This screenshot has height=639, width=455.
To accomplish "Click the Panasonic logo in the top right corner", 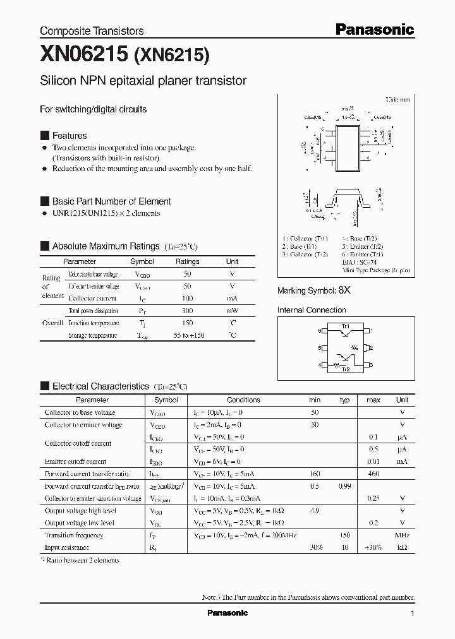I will [x=373, y=29].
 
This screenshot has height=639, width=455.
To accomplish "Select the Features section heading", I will [x=69, y=136].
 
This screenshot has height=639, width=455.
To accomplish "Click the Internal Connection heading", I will [x=312, y=310].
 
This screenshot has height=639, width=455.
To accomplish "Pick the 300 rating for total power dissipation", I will [x=187, y=311].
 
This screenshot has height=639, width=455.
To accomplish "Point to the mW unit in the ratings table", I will [x=232, y=311].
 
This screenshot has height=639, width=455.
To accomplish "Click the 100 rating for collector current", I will [x=187, y=298].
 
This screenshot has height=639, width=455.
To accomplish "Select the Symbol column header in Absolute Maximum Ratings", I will [x=142, y=261].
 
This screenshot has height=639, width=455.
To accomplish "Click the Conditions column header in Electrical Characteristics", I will [x=243, y=400].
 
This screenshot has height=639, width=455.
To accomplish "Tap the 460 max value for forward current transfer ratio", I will [x=373, y=474].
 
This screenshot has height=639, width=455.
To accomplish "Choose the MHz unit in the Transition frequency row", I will [x=402, y=535].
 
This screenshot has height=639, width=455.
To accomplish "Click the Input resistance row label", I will [x=67, y=547].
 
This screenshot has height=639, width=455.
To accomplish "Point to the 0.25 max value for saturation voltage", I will [x=373, y=498].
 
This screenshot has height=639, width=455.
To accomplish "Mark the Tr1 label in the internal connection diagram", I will [x=346, y=326].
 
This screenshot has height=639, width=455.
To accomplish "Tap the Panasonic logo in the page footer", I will [x=227, y=613].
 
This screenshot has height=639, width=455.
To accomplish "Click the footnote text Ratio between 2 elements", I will [x=82, y=560].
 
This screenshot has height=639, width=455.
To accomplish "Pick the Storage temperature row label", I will [x=93, y=335].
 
